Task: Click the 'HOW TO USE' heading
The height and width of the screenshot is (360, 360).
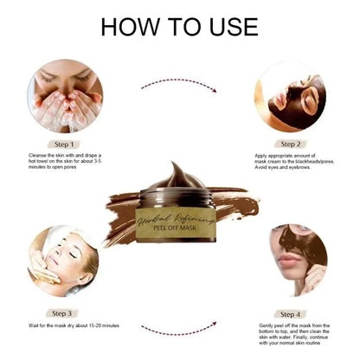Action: point(179,26)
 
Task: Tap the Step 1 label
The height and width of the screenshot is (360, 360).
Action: point(65,144)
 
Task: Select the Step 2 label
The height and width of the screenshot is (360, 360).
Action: point(292,144)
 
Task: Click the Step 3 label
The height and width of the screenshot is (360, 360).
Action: point(65,312)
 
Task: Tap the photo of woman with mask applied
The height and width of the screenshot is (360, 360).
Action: point(292,95)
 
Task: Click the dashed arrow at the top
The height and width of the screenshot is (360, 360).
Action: point(179,83)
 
